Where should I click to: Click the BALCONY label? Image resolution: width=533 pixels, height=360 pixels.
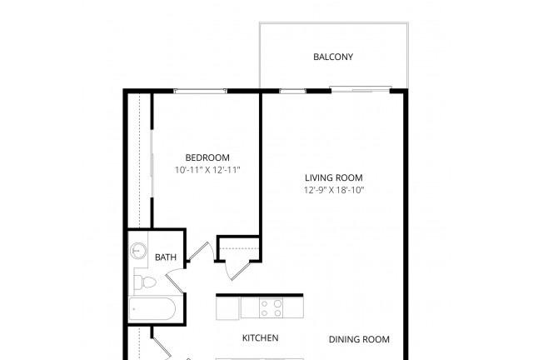333,57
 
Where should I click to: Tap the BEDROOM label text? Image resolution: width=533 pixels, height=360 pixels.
207,157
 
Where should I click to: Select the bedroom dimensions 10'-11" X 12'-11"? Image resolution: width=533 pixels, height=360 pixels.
207,170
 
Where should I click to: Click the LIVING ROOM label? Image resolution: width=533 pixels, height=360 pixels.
334,177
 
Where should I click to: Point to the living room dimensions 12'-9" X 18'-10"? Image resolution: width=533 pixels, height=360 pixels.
334,190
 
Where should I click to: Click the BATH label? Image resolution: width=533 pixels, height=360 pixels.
166,257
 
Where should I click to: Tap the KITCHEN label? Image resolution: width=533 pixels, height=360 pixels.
261,337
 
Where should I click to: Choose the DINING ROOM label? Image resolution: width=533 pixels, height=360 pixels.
359,339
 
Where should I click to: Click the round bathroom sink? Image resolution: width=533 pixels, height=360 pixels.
138,251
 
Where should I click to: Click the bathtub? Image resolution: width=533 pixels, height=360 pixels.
152,309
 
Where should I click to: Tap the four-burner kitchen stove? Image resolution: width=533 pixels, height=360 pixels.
271,308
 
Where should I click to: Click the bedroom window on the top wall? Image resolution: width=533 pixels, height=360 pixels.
200,91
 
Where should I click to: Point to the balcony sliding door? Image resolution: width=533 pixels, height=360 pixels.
361,90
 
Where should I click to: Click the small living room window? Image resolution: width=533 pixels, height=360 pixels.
292,91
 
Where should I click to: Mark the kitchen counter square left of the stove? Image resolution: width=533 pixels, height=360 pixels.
228,308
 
